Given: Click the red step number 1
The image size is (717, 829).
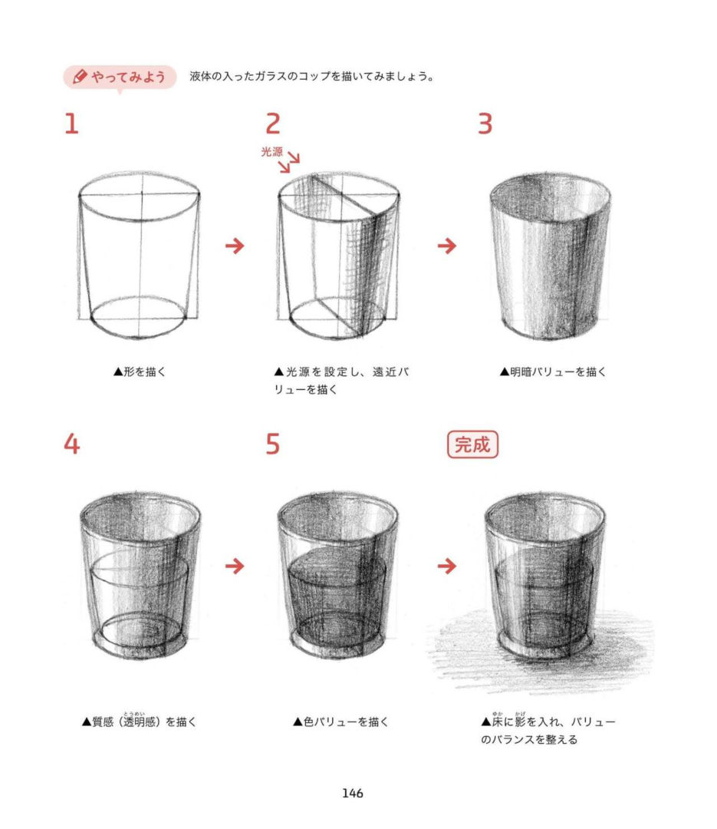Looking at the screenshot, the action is click(72, 124).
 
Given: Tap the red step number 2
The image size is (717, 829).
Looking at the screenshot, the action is click(273, 124).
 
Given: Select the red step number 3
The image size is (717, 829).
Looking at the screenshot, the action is click(485, 124).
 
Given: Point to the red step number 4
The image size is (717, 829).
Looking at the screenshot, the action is click(72, 444).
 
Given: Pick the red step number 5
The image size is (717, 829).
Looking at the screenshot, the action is click(273, 444).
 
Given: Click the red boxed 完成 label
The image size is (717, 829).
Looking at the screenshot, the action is click(472, 444).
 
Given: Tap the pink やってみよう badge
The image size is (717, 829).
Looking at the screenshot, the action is click(120, 78).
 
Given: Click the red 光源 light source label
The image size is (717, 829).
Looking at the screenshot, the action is click(271, 152).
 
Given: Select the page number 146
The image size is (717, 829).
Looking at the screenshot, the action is click(353, 793).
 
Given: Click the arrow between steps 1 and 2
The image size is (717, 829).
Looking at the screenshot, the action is click(235, 246).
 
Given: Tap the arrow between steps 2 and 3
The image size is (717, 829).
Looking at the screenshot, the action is click(447, 246).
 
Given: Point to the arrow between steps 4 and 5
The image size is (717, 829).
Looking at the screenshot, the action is click(235, 566).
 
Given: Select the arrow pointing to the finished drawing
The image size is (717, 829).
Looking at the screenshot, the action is click(447, 566).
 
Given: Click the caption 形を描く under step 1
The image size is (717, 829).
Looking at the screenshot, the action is click(140, 372).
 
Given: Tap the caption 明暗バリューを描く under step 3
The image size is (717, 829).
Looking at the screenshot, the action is click(553, 372).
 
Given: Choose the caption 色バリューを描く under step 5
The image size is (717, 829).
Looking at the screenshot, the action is click(340, 722).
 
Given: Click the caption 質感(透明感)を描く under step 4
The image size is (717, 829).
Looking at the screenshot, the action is click(140, 721).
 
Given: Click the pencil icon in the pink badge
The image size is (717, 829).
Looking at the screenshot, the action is click(79, 77).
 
